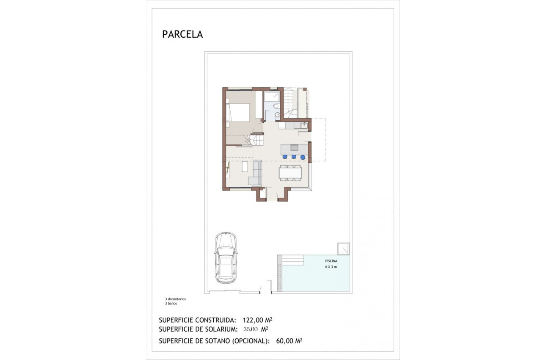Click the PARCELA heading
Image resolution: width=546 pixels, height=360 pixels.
pos(182,35)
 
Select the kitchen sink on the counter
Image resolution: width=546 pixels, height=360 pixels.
pos(303,125)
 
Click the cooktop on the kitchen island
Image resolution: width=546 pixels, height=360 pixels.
pos(293,148)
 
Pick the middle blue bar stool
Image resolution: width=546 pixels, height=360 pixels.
pos(294,157)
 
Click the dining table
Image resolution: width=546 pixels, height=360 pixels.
pos(290,173)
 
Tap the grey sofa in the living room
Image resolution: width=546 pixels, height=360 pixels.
pos(256,174)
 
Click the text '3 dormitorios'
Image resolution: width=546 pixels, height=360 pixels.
pos(175,299)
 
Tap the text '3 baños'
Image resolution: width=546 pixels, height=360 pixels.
pos(171,304)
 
